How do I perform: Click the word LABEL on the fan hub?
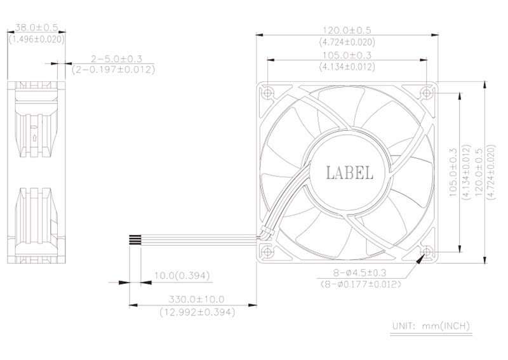pyautogui.click(x=349, y=173)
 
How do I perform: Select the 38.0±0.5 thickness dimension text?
pyautogui.click(x=37, y=27)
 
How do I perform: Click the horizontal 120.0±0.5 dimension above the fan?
pyautogui.click(x=347, y=30)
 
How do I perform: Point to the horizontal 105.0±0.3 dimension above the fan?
pyautogui.click(x=347, y=55)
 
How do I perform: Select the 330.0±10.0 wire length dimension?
pyautogui.click(x=196, y=299)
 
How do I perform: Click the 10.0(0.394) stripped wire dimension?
pyautogui.click(x=182, y=276)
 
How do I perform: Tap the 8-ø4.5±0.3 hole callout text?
pyautogui.click(x=359, y=273)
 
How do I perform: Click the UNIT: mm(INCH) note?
pyautogui.click(x=431, y=326)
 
